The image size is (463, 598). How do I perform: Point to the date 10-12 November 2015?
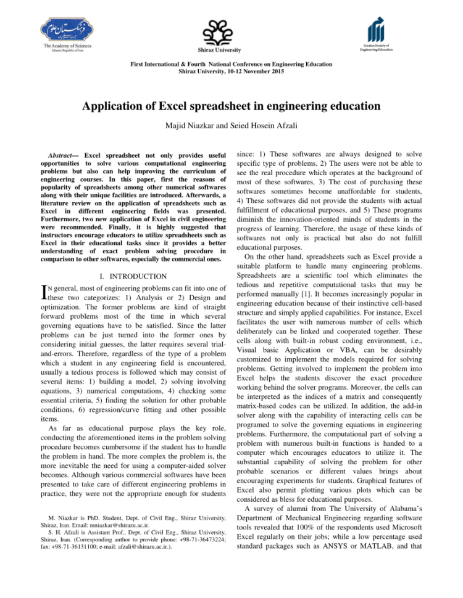[252, 72]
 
